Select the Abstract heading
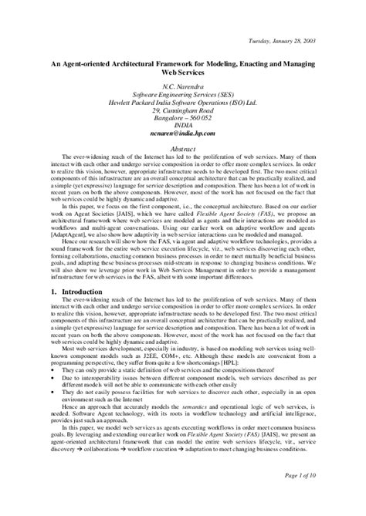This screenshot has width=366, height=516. click(x=183, y=147)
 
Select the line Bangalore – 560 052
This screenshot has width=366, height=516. click(x=183, y=118)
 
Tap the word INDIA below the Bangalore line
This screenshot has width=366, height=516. click(x=183, y=125)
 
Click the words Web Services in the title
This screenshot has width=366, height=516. click(x=183, y=79)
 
